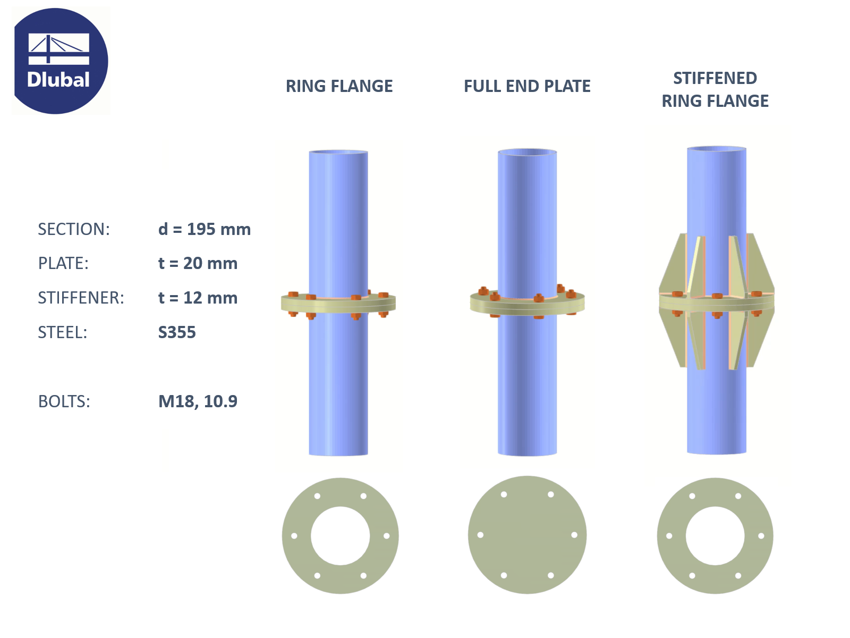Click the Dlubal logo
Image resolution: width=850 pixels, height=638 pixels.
click(60, 61)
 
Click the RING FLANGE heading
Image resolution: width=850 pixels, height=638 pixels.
click(339, 86)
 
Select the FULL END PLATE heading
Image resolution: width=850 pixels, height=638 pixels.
click(527, 86)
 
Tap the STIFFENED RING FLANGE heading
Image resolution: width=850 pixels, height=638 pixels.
click(715, 89)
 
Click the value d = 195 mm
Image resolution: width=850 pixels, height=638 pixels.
click(205, 229)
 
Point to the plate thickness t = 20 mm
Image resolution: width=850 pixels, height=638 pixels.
click(198, 263)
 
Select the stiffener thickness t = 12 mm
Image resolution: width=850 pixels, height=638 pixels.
click(198, 298)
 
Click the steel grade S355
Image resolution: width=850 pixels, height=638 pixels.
click(177, 332)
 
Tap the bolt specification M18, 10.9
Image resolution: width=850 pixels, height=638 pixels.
click(198, 401)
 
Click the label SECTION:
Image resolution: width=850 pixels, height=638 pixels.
click(74, 229)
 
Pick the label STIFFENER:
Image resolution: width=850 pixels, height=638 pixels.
click(81, 298)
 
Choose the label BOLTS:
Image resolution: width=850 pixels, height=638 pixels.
click(64, 401)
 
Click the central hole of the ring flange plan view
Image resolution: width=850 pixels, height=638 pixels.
click(340, 536)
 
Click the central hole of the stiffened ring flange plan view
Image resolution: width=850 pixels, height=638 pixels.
click(715, 536)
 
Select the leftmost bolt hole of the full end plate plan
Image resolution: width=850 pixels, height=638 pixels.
click(480, 535)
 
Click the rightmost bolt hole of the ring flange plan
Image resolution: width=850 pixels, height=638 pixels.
click(387, 536)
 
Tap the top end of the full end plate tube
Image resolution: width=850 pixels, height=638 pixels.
click(527, 153)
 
